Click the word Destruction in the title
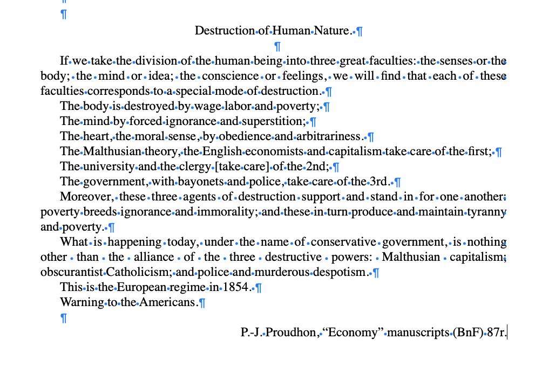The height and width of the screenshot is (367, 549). (225, 31)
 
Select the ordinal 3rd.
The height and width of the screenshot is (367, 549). (382, 182)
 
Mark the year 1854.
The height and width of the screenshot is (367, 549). (236, 287)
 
